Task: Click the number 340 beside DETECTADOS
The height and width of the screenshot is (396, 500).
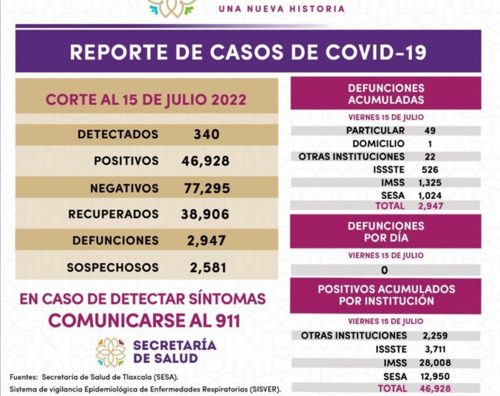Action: coord(206,135)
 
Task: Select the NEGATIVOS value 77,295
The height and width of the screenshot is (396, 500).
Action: coord(206,188)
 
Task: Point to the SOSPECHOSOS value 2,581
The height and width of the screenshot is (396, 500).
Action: coord(208,267)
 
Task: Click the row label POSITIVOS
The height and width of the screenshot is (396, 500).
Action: coord(126,161)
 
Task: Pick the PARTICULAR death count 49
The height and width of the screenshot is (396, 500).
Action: coord(430,130)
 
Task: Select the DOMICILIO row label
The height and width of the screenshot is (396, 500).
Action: coord(378,143)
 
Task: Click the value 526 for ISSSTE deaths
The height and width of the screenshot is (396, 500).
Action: coord(430,170)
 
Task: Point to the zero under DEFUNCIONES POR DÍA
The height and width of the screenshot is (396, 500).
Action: coord(385,270)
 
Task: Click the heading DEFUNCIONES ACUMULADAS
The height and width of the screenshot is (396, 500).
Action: coord(386,93)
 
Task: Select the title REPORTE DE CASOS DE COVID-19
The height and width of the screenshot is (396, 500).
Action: coord(248,52)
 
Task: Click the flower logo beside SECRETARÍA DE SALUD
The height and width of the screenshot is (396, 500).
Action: coord(111,352)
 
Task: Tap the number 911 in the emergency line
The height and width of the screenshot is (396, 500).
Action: coord(225,320)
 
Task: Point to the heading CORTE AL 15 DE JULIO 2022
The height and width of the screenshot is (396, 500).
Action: coord(146,100)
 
